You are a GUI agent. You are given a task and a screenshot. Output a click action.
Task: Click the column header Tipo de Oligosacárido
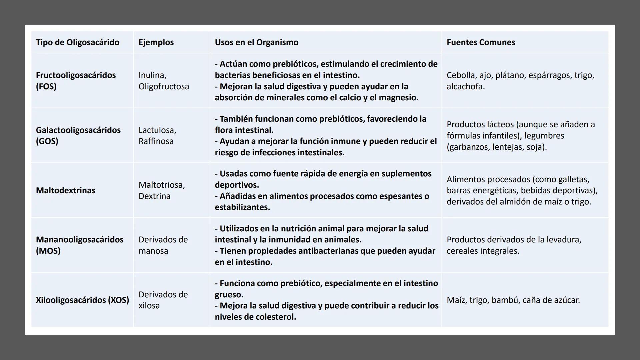click(77, 42)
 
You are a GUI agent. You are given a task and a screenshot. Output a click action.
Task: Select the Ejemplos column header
click(156, 42)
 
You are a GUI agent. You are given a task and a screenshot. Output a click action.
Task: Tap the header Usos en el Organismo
click(256, 42)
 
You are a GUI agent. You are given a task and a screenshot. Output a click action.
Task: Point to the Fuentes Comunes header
click(481, 42)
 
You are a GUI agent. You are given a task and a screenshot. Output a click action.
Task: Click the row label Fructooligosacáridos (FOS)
click(76, 81)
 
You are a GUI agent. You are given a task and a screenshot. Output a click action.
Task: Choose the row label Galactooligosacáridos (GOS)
click(78, 135)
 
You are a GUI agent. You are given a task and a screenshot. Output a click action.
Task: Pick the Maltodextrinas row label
click(65, 190)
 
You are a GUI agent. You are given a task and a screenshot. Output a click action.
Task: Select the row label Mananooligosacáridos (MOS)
click(79, 245)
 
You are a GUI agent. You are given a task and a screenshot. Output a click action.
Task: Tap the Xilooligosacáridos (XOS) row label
click(82, 300)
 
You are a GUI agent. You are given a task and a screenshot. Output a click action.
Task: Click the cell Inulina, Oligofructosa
click(163, 81)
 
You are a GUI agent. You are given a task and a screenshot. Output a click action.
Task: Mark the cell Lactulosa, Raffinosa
click(157, 135)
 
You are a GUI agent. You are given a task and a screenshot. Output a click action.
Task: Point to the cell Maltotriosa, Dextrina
click(161, 190)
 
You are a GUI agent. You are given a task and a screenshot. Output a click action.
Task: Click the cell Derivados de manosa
click(163, 245)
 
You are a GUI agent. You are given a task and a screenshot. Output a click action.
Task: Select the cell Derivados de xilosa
click(163, 300)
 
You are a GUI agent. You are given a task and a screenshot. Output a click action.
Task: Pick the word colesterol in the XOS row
click(275, 317)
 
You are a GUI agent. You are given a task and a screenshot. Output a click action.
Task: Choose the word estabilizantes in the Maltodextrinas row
click(242, 207)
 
